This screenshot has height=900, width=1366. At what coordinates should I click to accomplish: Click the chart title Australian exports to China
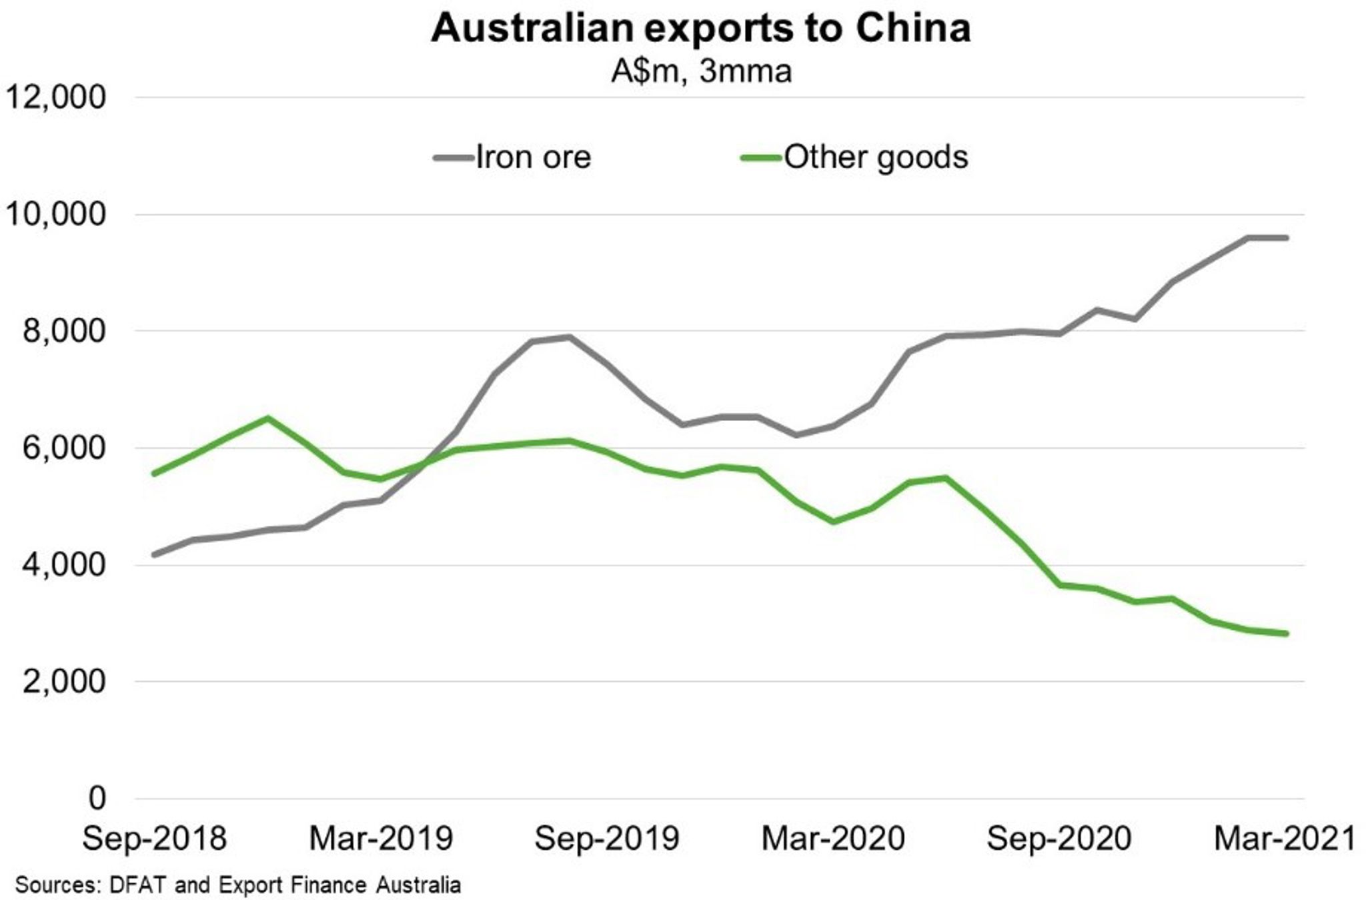(700, 29)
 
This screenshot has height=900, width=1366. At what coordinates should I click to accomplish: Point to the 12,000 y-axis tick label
(56, 97)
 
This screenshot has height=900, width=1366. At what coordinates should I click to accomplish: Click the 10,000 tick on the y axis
(56, 214)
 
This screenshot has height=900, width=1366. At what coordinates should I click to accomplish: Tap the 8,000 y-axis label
(64, 331)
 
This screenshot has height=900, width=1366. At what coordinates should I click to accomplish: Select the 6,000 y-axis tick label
(64, 448)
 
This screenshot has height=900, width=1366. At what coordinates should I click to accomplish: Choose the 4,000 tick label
(64, 564)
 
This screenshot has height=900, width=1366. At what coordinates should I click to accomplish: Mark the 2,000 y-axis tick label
(64, 681)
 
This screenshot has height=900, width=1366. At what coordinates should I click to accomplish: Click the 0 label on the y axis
(97, 798)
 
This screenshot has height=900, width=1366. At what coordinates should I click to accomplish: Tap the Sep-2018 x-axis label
(155, 839)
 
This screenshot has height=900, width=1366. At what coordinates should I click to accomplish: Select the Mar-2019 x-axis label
(381, 839)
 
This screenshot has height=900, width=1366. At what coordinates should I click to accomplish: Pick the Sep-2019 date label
(607, 839)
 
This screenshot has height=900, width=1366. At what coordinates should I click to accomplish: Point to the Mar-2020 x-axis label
(833, 839)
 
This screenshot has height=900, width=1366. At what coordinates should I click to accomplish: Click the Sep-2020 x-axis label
(1059, 839)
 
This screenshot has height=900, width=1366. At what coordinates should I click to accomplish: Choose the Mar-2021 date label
(1285, 839)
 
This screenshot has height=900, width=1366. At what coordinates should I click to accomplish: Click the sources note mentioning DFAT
(238, 885)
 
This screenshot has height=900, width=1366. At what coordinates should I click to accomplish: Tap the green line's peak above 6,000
(267, 418)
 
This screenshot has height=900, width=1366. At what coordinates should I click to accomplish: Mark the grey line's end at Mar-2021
(1285, 238)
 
